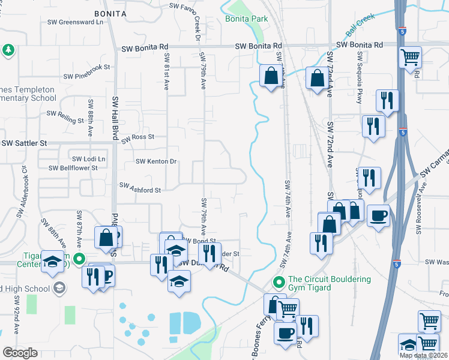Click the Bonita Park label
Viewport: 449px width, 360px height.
pos(246,19)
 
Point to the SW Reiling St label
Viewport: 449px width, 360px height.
pos(65,116)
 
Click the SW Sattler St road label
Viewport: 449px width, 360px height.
pos(24,143)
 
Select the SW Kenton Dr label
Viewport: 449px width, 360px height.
pos(155,161)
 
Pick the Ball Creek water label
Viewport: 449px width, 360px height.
pos(360,25)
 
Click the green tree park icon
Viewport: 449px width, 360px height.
pos(8,49)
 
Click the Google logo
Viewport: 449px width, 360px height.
pos(20,352)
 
